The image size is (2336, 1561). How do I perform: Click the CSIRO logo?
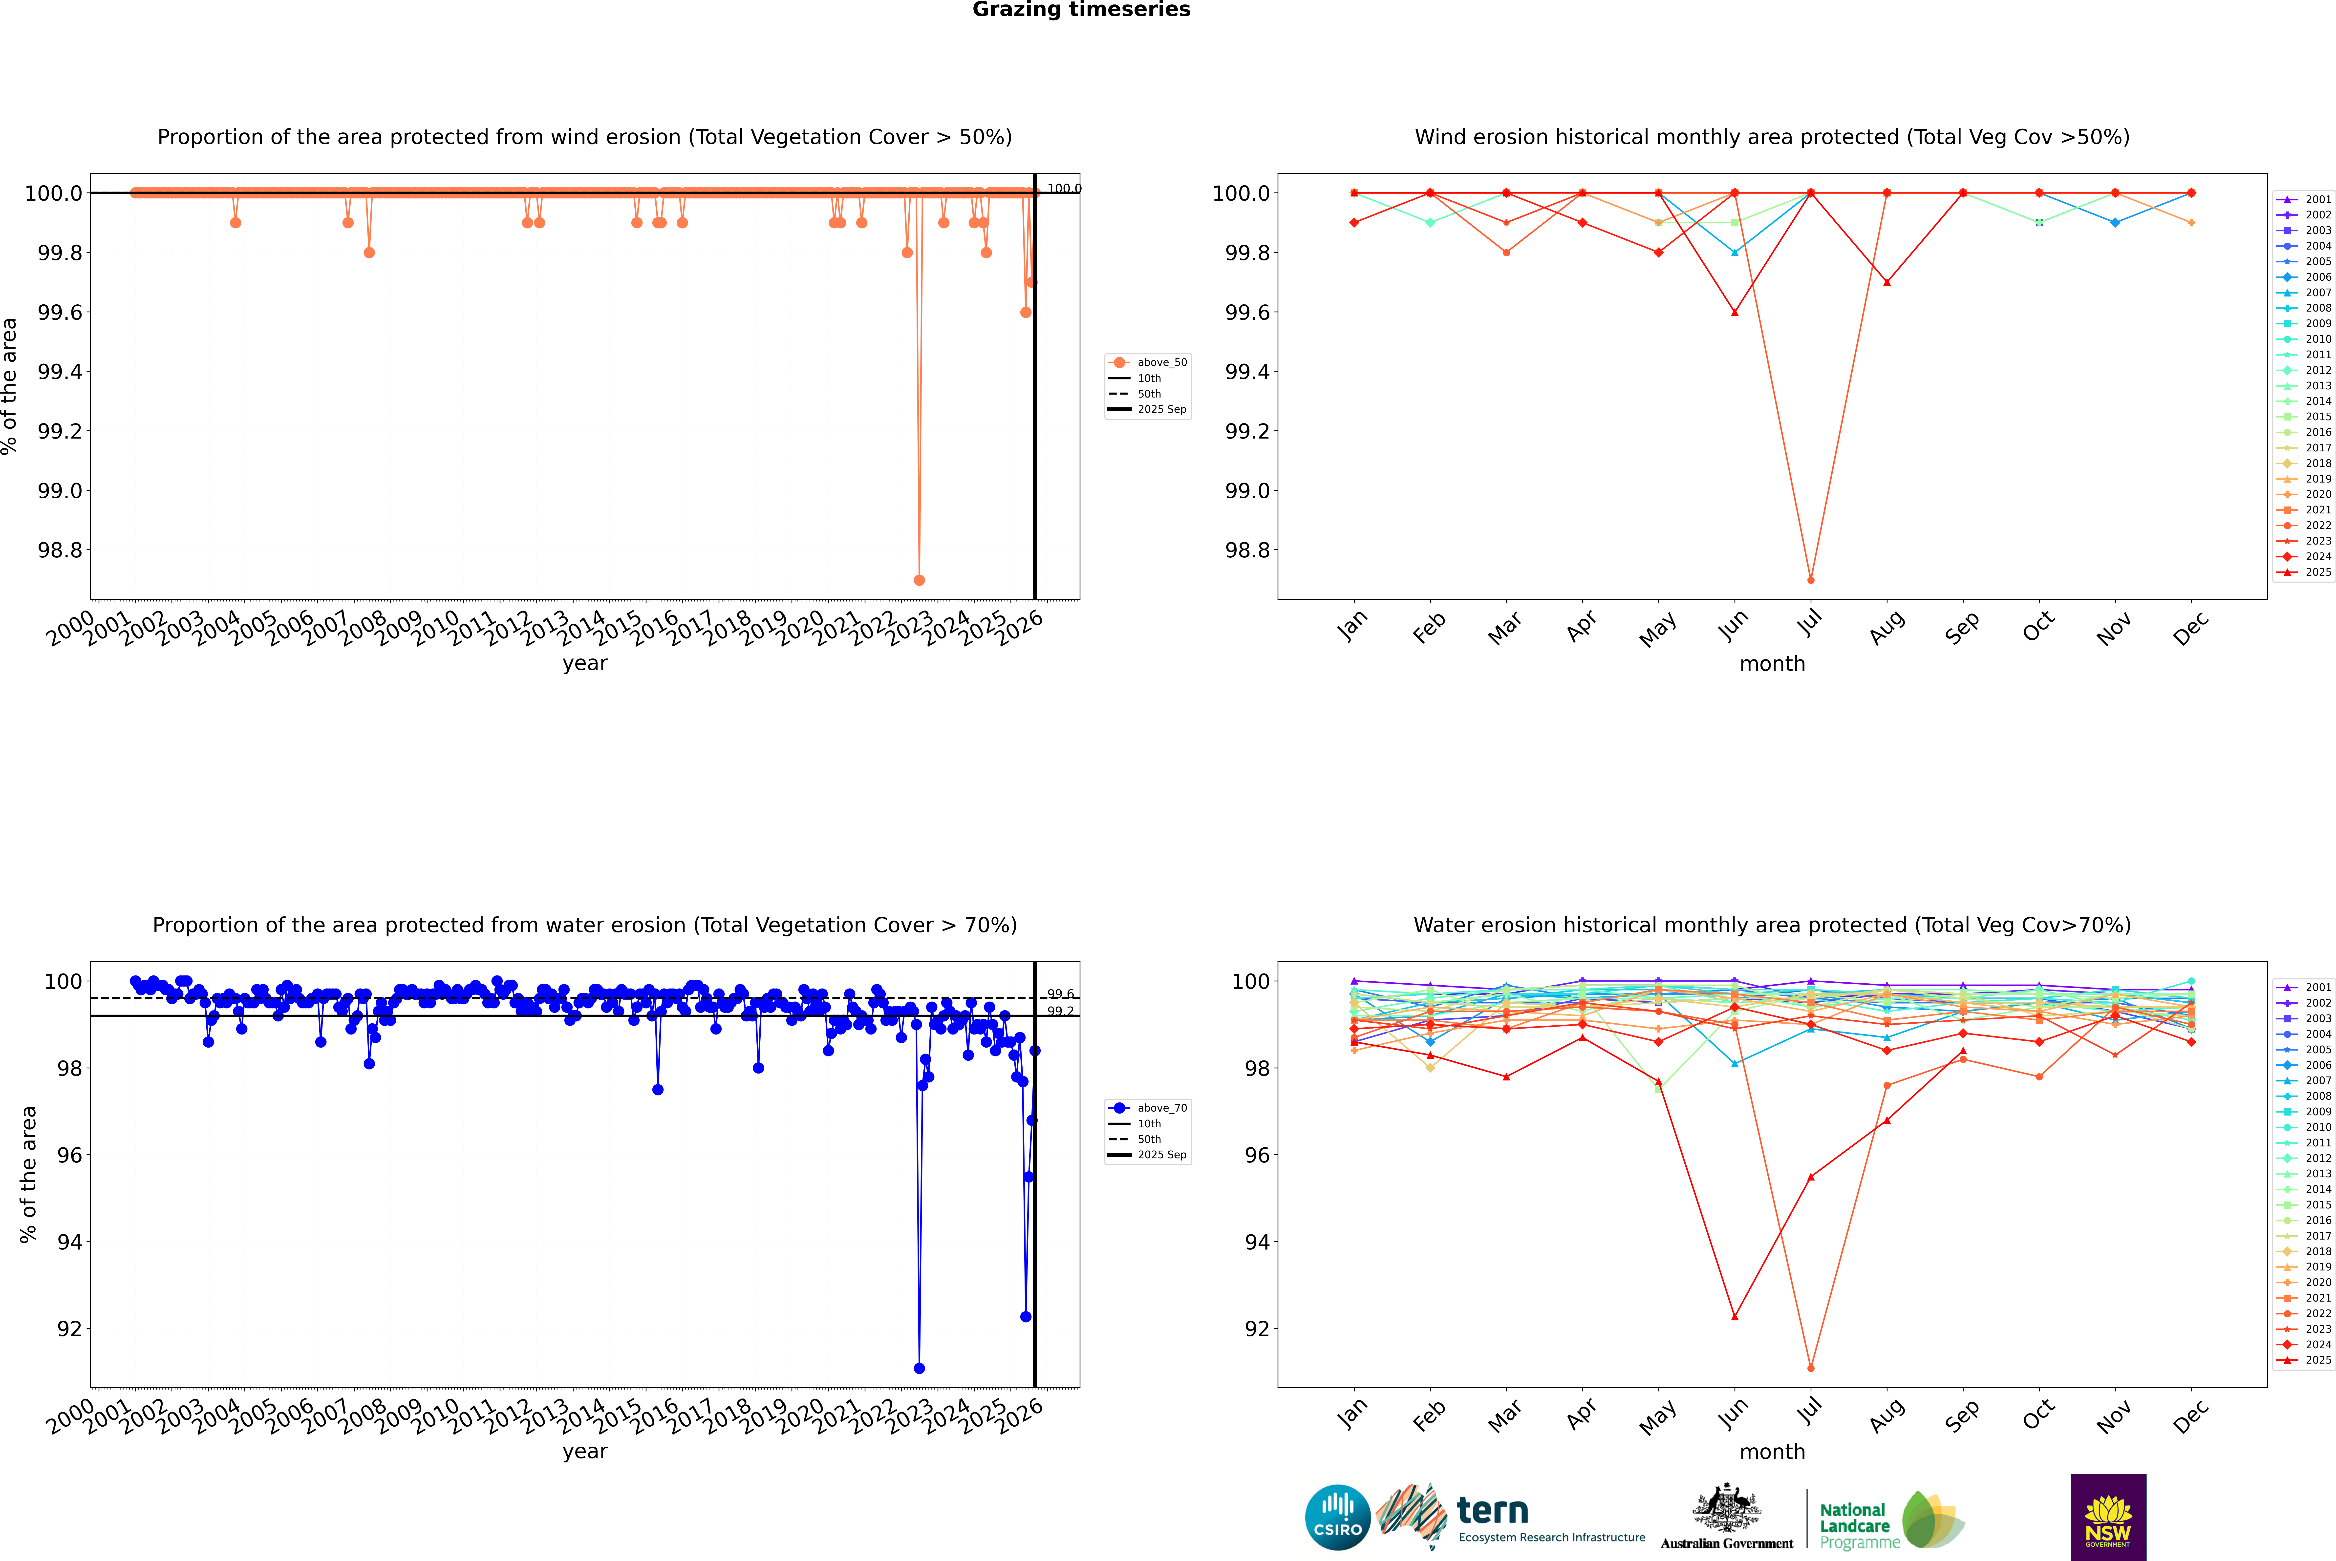[1337, 1517]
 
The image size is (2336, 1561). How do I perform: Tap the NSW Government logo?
[2108, 1517]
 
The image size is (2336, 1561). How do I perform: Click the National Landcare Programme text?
[1854, 1525]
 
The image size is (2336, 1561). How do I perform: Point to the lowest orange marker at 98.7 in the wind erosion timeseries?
[919, 579]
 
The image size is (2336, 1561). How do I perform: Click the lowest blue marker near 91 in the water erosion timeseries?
[919, 1368]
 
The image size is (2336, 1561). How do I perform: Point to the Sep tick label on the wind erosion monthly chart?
[1962, 627]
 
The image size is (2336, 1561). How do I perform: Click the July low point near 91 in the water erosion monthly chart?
[1810, 1368]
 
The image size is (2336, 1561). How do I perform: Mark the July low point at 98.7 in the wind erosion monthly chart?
[1810, 579]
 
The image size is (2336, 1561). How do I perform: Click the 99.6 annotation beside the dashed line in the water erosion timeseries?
[1060, 993]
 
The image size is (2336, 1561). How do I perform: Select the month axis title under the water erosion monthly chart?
[1771, 1452]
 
